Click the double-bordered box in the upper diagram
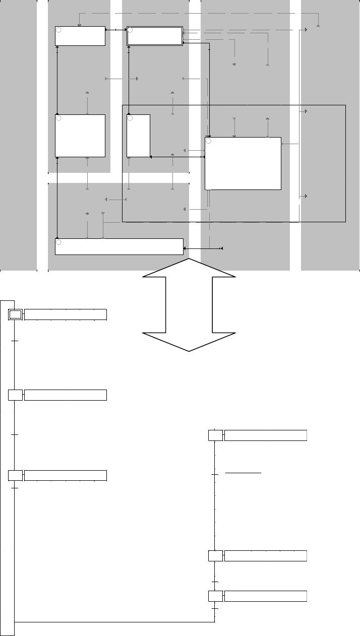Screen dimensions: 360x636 pos(154,36)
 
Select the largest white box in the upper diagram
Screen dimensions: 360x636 pos(243,163)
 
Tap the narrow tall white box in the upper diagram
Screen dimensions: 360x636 pos(138,136)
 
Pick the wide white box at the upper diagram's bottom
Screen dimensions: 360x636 pos(119,246)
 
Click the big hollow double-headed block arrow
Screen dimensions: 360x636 pos(189,305)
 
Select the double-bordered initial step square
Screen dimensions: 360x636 pos(16,314)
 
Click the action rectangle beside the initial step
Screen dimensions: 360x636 pos(66,314)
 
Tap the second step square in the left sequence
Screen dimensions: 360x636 pos(16,395)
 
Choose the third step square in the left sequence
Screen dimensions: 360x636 pos(16,475)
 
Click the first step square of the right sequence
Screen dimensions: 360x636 pos(215,435)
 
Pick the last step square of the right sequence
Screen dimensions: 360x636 pos(215,596)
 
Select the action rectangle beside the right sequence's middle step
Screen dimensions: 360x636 pos(265,556)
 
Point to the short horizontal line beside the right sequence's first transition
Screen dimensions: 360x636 pos(243,474)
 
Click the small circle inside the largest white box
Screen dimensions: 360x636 pos(209,141)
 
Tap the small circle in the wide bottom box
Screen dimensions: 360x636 pos(58,242)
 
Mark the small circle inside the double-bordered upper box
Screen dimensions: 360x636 pos(130,30)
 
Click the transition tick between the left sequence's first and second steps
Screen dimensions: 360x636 pos(15,341)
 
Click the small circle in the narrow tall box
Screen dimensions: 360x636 pos(130,118)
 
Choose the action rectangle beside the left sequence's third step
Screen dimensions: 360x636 pos(66,475)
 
